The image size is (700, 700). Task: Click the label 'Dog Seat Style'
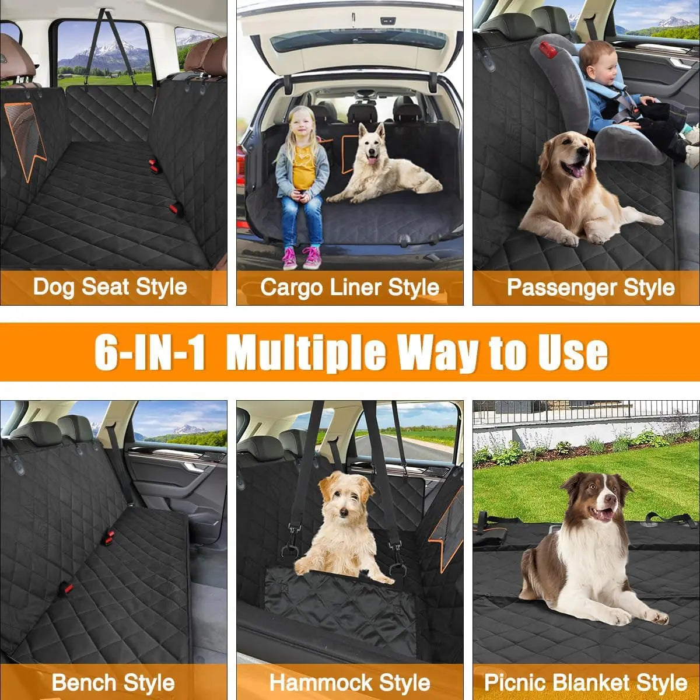(x=110, y=287)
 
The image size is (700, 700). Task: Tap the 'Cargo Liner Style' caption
(x=349, y=287)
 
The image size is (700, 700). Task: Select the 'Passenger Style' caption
(x=590, y=287)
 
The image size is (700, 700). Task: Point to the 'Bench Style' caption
(x=113, y=682)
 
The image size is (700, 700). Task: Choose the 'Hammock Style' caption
(x=349, y=682)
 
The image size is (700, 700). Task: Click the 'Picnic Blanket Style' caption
(x=586, y=682)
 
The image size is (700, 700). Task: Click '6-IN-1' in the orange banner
(x=150, y=352)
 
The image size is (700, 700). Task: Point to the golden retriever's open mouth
(x=576, y=169)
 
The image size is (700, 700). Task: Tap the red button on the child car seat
(x=548, y=50)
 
